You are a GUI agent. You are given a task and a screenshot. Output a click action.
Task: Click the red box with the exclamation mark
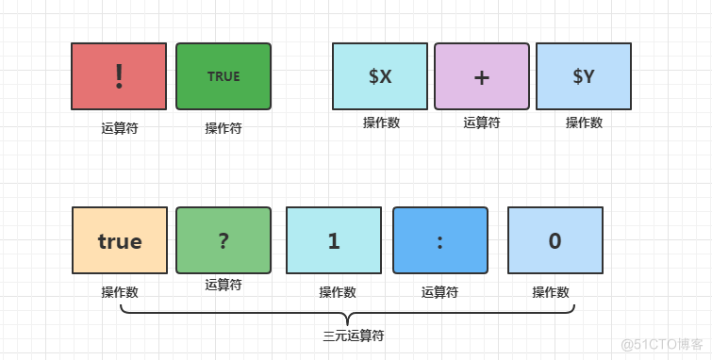119,76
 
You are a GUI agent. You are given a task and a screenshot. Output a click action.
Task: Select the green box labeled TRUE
224,76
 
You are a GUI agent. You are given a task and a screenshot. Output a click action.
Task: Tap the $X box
380,76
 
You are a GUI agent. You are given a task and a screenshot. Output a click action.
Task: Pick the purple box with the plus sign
481,76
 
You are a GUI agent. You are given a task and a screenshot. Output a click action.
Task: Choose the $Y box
583,76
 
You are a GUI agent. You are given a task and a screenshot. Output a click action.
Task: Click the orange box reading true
120,240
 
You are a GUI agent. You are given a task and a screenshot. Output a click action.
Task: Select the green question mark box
224,240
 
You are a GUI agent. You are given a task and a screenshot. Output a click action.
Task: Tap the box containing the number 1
334,240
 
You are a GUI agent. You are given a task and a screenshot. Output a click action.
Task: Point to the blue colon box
440,240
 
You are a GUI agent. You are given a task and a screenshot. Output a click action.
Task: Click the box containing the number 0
555,240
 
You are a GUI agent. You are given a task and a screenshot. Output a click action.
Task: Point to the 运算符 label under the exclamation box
120,127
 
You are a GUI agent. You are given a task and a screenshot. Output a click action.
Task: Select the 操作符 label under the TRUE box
224,127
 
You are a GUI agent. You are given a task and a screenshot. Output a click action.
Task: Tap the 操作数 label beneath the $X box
381,122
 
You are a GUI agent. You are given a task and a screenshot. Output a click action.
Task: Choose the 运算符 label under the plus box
481,122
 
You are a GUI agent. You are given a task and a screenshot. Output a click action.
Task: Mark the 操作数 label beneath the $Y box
584,122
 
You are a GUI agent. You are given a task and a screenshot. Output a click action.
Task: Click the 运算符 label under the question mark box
224,284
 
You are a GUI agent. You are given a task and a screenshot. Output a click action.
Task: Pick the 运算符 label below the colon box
439,292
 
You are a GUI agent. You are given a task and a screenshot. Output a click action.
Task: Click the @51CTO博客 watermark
664,344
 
